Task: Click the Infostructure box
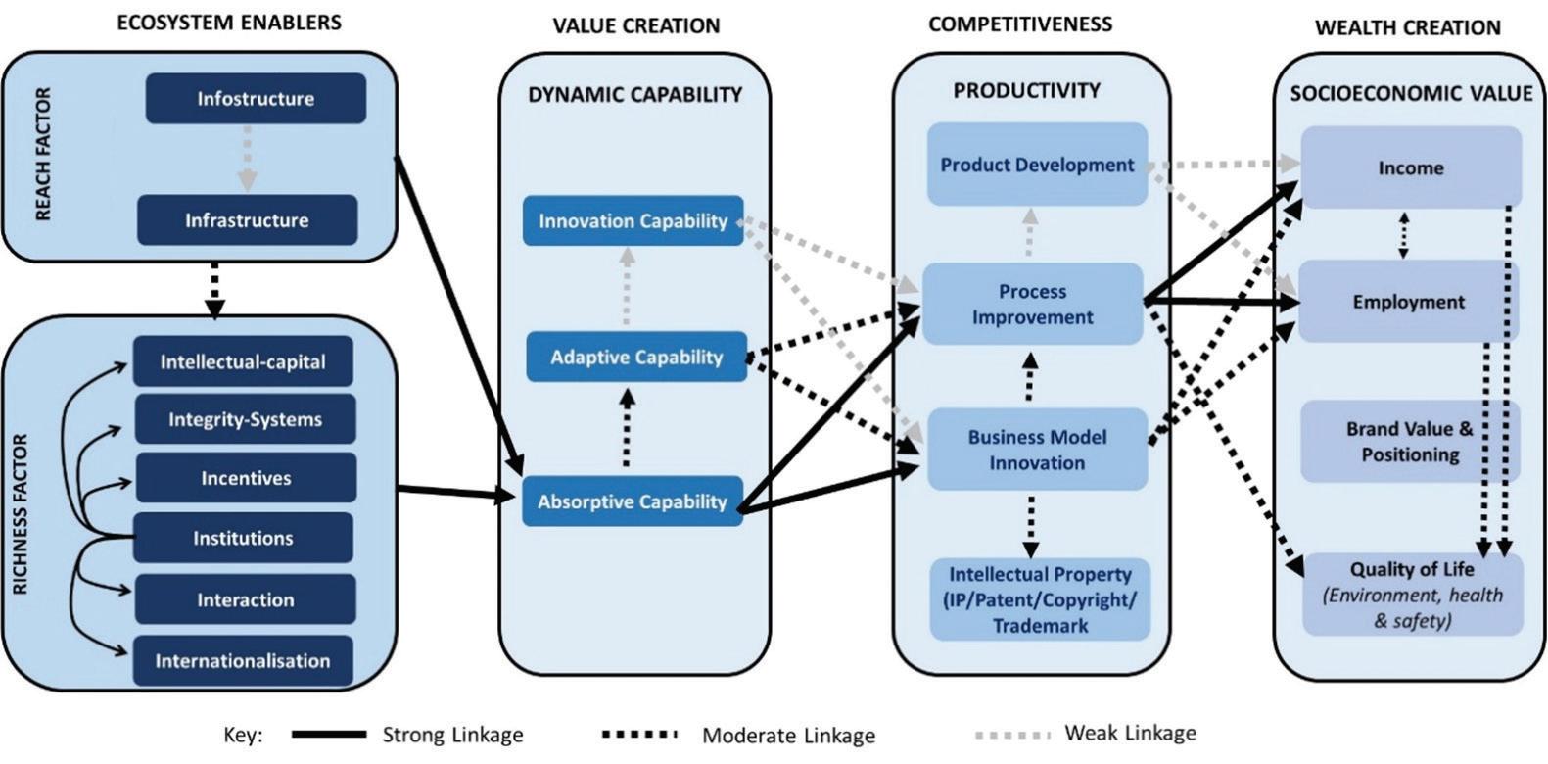click(x=256, y=99)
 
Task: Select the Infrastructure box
click(x=247, y=220)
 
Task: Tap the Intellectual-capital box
click(x=243, y=362)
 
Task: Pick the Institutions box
click(x=243, y=538)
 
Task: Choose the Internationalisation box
click(x=243, y=661)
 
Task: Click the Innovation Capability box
click(x=633, y=221)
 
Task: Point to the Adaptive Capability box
click(x=636, y=358)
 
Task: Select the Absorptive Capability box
click(x=633, y=502)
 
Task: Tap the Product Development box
click(x=1037, y=165)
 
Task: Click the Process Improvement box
click(x=1032, y=305)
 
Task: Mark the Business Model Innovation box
click(x=1037, y=450)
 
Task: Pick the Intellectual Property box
click(x=1040, y=599)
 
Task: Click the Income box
click(x=1411, y=167)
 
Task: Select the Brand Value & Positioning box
click(x=1410, y=442)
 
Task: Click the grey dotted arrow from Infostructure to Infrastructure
click(x=248, y=158)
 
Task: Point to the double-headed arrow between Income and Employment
click(x=1404, y=235)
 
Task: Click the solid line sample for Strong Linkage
click(x=328, y=734)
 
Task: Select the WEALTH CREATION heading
click(x=1407, y=27)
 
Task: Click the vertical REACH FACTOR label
click(x=43, y=155)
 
